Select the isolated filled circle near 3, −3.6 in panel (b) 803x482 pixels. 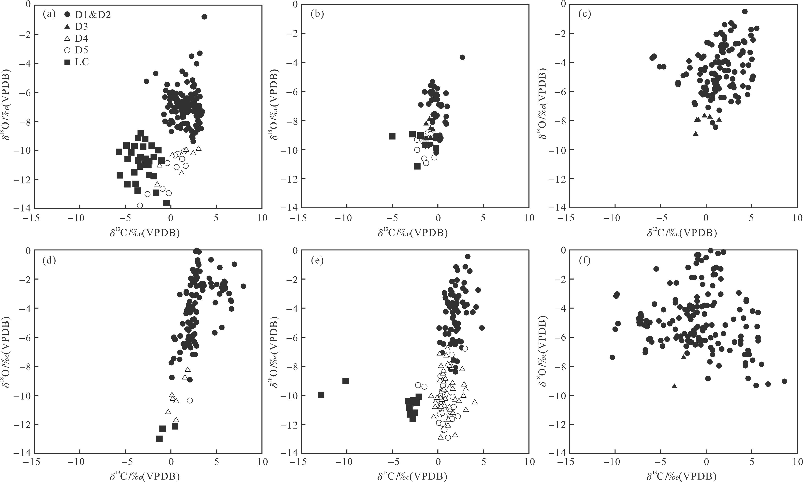pyautogui.click(x=463, y=57)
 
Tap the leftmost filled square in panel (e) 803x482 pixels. pyautogui.click(x=321, y=395)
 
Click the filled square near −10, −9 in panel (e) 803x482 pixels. pyautogui.click(x=346, y=381)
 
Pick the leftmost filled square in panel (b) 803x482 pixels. pyautogui.click(x=392, y=136)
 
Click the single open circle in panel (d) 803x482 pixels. pyautogui.click(x=190, y=400)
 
